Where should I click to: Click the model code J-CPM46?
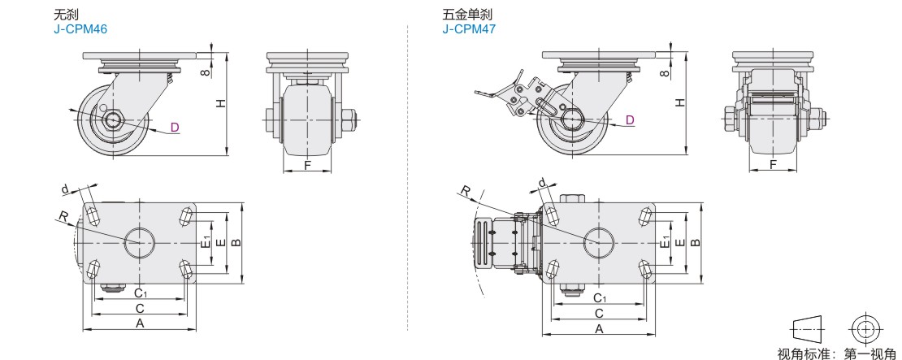point(80,28)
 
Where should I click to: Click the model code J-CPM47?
point(469,28)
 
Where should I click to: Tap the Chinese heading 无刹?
point(66,15)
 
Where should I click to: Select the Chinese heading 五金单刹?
point(466,15)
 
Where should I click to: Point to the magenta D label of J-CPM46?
point(174,127)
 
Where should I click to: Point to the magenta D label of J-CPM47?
point(630,120)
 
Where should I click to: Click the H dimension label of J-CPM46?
point(219,102)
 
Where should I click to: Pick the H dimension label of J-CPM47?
point(681,102)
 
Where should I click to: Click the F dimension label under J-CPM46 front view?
point(306,165)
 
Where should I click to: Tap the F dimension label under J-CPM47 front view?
point(772,165)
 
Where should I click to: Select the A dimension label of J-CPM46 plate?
point(139,323)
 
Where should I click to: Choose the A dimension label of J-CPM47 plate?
point(599,328)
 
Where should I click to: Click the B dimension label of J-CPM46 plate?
point(236,242)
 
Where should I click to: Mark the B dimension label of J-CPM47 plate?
point(695,242)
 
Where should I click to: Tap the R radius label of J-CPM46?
point(62,216)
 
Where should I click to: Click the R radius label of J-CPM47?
point(465,191)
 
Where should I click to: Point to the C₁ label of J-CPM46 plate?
point(140,293)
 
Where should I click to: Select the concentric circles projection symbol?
point(864,328)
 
